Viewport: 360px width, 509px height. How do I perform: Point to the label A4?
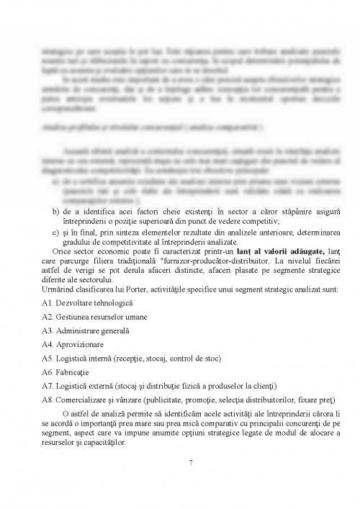pyautogui.click(x=48, y=344)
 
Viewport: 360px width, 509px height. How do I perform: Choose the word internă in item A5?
pyautogui.click(x=108, y=358)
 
